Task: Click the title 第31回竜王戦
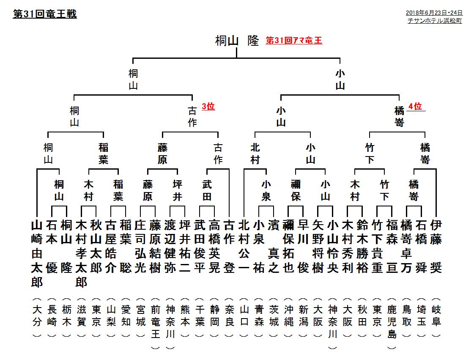45,14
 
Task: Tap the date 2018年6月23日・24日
434,13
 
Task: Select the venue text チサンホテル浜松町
435,21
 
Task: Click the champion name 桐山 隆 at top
237,41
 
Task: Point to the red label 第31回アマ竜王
294,41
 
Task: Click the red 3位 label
208,107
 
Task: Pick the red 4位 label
415,107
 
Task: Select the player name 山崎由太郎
37,253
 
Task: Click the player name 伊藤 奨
436,247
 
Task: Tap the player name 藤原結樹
155,247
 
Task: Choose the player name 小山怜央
332,247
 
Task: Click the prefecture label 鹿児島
392,322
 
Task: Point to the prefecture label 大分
37,316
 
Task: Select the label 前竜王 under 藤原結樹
155,322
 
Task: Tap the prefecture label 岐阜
436,316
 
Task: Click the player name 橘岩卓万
407,247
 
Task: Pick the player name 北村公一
244,247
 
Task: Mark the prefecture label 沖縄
288,316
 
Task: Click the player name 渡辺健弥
170,247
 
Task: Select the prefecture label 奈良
230,316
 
